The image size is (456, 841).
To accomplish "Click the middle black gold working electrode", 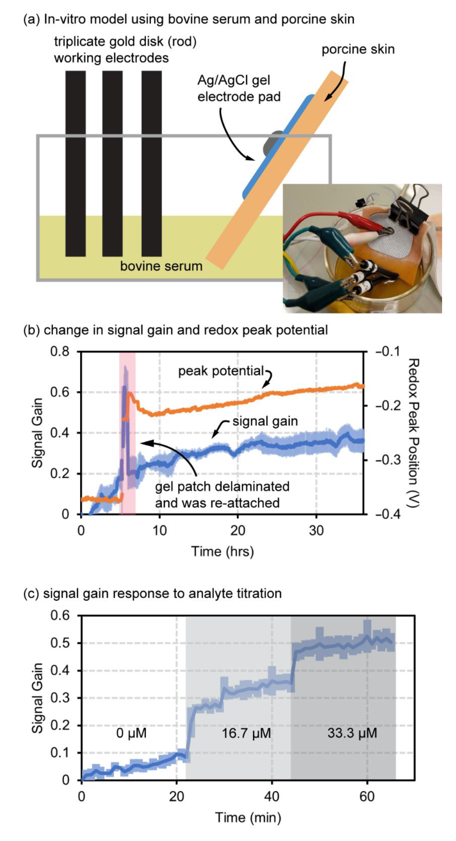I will click(x=112, y=163).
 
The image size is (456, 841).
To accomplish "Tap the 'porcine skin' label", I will click(x=358, y=49).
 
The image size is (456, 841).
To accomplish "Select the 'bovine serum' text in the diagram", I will click(x=161, y=266).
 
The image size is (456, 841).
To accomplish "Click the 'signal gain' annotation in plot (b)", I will click(x=265, y=421).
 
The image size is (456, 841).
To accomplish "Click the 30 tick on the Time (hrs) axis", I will click(x=316, y=531).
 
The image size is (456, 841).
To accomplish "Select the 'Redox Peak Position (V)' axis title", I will click(x=413, y=433).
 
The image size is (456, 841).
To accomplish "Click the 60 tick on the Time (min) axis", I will click(x=367, y=797).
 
